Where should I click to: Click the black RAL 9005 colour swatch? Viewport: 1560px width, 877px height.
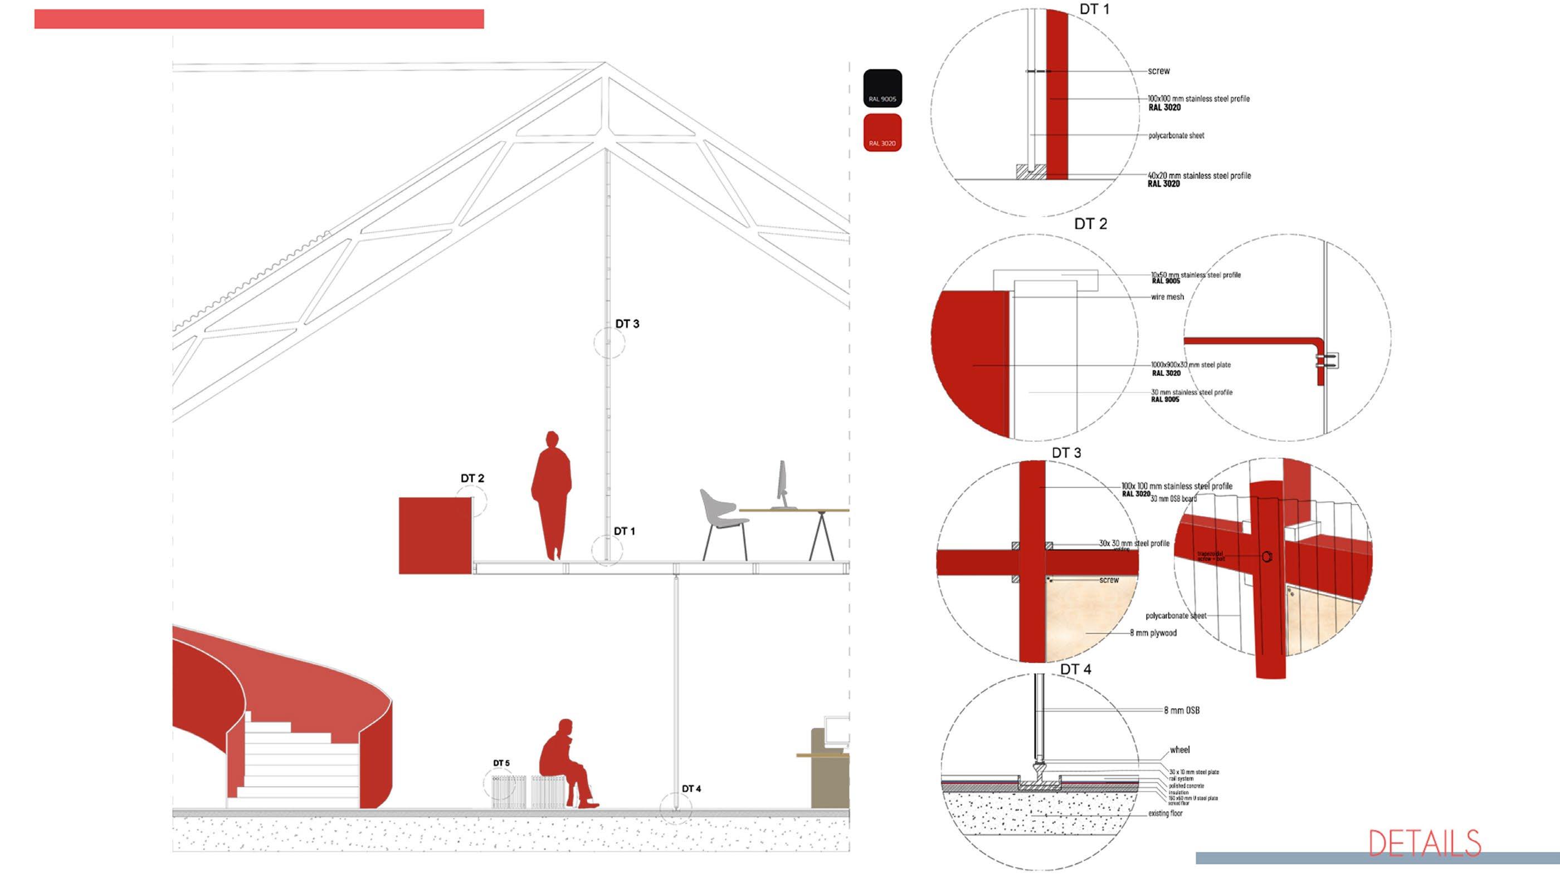(x=882, y=89)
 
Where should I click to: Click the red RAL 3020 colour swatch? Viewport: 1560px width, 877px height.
(x=882, y=132)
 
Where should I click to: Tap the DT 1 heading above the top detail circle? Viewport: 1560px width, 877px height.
(x=1094, y=9)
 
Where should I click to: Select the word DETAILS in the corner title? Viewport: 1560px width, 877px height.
(x=1425, y=843)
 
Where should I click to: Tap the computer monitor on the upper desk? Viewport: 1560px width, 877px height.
(x=782, y=484)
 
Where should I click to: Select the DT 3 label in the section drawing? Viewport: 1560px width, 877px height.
(x=627, y=324)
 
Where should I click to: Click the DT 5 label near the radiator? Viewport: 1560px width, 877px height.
(x=501, y=763)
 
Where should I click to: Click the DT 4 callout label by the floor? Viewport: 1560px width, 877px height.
(x=691, y=788)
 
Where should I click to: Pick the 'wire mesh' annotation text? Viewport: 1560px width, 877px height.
(x=1167, y=297)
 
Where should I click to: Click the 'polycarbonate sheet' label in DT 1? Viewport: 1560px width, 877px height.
(x=1176, y=135)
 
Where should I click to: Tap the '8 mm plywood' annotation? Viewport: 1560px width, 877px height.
(x=1153, y=633)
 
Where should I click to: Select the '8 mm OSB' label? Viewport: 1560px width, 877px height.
(x=1182, y=710)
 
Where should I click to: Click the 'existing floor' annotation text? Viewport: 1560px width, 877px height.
(x=1165, y=814)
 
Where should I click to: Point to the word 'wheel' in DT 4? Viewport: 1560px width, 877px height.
(x=1179, y=750)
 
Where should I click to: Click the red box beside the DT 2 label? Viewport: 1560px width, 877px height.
(x=435, y=536)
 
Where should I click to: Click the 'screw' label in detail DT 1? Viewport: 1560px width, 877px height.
(x=1158, y=71)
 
